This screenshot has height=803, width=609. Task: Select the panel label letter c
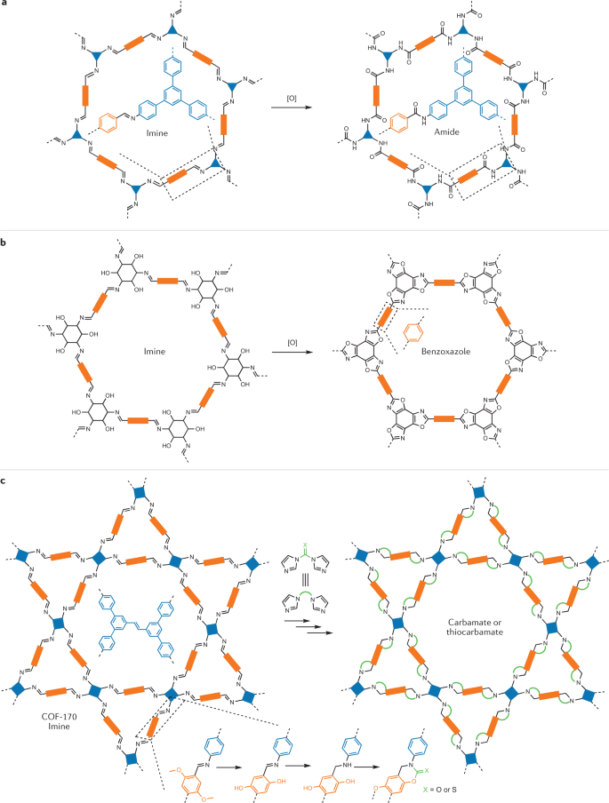coord(5,480)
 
